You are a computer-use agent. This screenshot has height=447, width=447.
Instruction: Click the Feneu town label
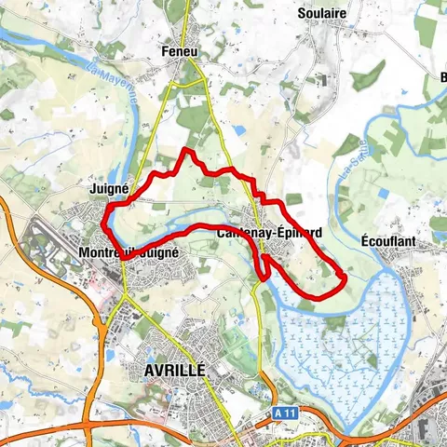[181, 50]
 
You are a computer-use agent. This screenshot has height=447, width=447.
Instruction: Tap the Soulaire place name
[321, 14]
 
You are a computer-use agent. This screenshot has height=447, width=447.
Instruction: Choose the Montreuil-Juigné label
[128, 252]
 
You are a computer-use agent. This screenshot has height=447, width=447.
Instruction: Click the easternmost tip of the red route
[346, 278]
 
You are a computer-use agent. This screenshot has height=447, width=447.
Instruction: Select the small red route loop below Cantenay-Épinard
[265, 265]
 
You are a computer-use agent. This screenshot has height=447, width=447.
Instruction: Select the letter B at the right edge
[441, 77]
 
